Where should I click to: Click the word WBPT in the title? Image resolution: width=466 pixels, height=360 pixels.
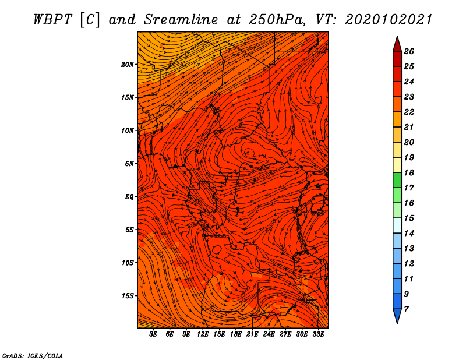point(53,20)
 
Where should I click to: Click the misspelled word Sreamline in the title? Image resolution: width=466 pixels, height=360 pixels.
point(181,20)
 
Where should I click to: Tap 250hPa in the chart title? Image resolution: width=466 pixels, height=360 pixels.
point(277,20)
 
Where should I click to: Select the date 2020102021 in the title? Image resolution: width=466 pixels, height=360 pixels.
point(389,20)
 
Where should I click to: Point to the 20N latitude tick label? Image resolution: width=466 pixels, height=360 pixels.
point(128,65)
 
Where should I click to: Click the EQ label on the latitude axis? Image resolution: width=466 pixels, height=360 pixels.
point(129,197)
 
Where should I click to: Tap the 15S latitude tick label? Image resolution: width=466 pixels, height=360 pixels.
point(128,296)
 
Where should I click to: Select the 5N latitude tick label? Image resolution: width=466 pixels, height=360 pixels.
point(130,164)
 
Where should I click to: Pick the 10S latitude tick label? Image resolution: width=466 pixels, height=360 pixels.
point(128,263)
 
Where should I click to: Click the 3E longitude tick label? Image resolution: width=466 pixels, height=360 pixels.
point(153,334)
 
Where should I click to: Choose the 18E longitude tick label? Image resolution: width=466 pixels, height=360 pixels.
point(236,334)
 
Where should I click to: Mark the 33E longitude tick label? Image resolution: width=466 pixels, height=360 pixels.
point(318,334)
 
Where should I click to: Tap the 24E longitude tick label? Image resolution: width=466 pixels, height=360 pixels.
point(269,334)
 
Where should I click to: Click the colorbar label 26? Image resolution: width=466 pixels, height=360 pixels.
point(409,51)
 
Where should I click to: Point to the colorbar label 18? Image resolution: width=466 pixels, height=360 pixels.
point(409,172)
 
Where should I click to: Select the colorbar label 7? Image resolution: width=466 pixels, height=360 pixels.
point(406,309)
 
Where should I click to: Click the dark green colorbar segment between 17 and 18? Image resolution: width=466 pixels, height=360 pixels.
point(397,180)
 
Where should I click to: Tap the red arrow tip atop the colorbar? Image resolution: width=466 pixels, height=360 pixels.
point(397,37)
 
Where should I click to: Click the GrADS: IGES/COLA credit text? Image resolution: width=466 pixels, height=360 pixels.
point(33,355)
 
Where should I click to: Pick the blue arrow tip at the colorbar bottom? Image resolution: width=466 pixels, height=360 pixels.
point(397,323)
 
